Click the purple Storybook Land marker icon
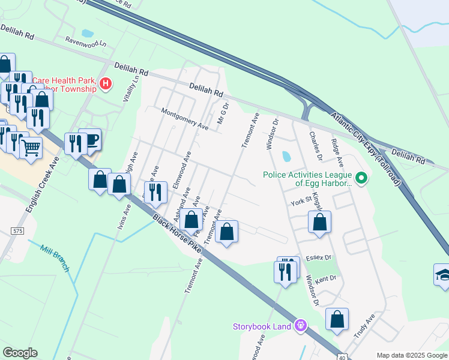[x=301, y=326]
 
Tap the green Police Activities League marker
[x=361, y=178]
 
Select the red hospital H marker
[x=106, y=83]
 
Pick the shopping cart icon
[x=31, y=146]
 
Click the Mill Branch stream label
[x=54, y=256]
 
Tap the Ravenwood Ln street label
[x=86, y=44]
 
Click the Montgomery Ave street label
[x=184, y=119]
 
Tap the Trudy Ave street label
[x=364, y=326]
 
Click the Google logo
[x=20, y=353]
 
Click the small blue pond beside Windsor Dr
[x=286, y=157]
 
